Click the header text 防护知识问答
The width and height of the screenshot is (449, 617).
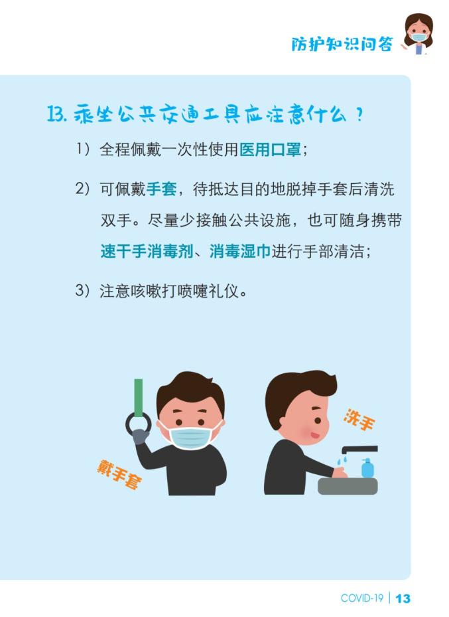(x=342, y=44)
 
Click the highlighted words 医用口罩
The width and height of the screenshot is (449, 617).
(x=271, y=149)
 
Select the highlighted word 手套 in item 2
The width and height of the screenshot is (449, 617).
(x=161, y=189)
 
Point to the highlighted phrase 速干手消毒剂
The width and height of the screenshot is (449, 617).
(x=146, y=251)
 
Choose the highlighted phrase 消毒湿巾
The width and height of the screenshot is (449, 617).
(x=240, y=251)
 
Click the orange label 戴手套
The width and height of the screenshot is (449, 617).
(x=119, y=474)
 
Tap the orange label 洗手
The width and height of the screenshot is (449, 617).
(x=359, y=420)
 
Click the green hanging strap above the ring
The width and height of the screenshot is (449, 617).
(x=138, y=397)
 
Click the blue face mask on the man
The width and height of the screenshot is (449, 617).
(x=190, y=438)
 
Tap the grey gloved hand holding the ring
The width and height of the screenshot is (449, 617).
(x=140, y=436)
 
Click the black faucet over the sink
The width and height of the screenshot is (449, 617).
(x=359, y=449)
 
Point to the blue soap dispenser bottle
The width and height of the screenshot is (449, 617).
(x=367, y=468)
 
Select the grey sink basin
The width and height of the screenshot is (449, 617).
(x=348, y=486)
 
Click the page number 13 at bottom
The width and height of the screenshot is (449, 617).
(x=403, y=598)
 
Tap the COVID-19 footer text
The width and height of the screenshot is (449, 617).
(x=361, y=598)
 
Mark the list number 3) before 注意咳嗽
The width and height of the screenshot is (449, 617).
(x=83, y=290)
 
